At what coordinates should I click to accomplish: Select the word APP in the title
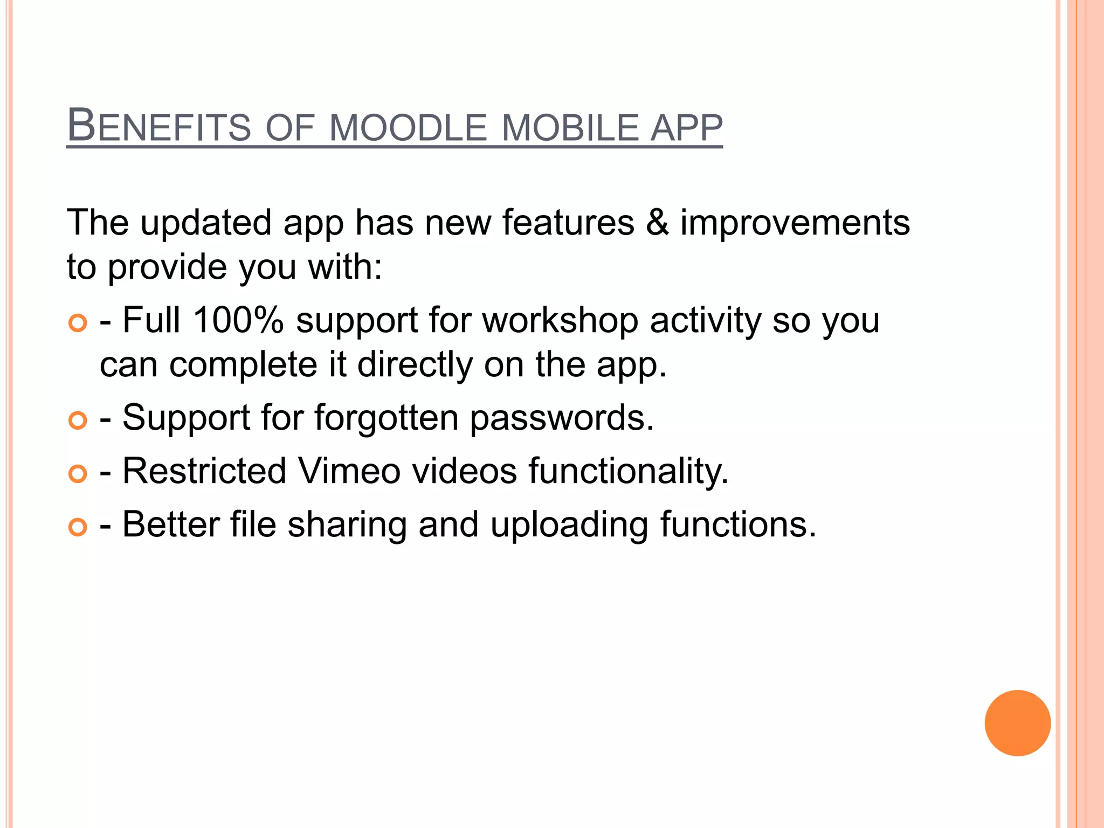coord(686,128)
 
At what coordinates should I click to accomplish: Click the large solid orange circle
coord(1017,723)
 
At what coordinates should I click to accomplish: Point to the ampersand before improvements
coord(657,223)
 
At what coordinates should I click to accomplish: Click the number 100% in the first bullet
coord(238,320)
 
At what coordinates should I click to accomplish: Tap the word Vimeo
coord(349,471)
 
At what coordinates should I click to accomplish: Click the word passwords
coord(562,418)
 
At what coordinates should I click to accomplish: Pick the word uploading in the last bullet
coord(569,525)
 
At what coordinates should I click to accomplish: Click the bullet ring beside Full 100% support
coord(78,323)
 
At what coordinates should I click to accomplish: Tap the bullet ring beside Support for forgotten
coord(78,420)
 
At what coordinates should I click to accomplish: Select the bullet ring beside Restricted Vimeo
coord(78,474)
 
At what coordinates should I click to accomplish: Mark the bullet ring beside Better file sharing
coord(78,527)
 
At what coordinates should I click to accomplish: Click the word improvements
coord(795,223)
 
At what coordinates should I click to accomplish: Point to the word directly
coord(415,365)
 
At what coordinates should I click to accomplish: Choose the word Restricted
coord(204,471)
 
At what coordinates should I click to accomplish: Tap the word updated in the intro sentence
coord(206,223)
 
